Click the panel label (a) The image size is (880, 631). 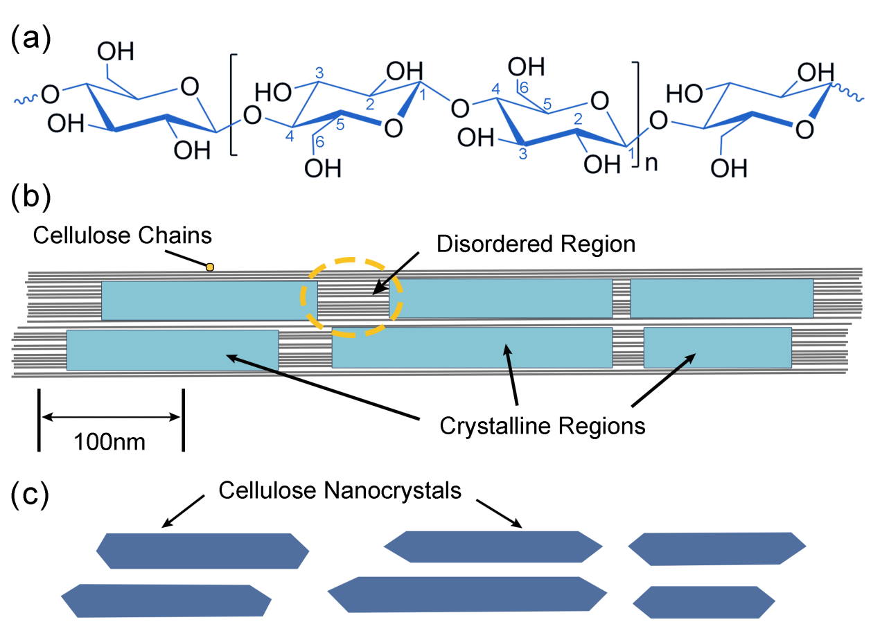(x=32, y=39)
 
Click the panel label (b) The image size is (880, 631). (x=32, y=197)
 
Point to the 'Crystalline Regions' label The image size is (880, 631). (x=543, y=425)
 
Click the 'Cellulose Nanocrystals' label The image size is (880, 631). (x=340, y=491)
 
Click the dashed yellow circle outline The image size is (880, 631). (x=302, y=298)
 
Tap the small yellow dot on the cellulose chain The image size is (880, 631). (x=209, y=267)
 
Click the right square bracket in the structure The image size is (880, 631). (x=639, y=105)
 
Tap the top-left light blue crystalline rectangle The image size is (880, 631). (x=209, y=301)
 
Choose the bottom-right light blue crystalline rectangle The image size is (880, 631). (x=717, y=348)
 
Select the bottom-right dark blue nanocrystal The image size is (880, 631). (x=703, y=602)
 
